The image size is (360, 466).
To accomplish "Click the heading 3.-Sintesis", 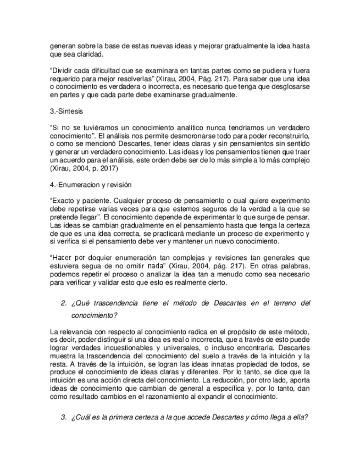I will (x=66, y=111).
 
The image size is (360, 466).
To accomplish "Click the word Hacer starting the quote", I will (x=62, y=256).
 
